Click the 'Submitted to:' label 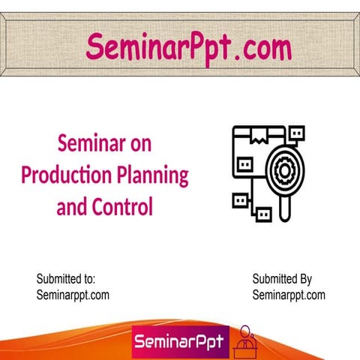(66, 279)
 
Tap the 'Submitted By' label (282, 279)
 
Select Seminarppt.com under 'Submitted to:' (73, 295)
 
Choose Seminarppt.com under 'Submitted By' (289, 295)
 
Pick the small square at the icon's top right (296, 133)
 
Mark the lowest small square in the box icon (263, 215)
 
